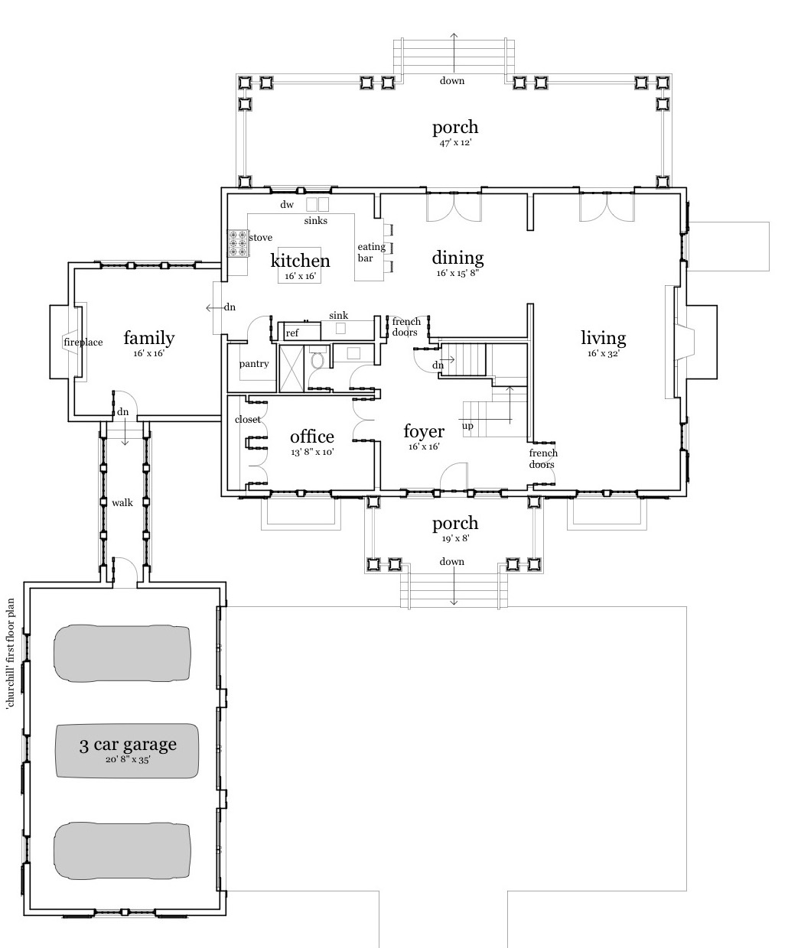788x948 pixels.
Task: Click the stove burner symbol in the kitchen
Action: click(237, 244)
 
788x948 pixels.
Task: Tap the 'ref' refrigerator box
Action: click(292, 333)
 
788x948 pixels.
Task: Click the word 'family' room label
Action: click(149, 338)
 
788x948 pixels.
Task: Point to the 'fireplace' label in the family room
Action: click(83, 343)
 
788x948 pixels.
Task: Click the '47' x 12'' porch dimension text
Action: click(455, 142)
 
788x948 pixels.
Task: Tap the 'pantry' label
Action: click(254, 364)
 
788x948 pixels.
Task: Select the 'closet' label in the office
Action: click(248, 420)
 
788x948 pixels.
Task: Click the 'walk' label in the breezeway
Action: click(122, 503)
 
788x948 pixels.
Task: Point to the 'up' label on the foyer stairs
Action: click(467, 426)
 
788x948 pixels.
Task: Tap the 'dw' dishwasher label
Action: click(287, 205)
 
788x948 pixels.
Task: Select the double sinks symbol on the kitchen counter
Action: click(317, 205)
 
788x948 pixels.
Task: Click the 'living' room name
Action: click(603, 338)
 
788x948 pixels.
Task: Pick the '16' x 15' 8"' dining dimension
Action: click(458, 273)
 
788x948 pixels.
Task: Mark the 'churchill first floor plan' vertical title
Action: click(11, 654)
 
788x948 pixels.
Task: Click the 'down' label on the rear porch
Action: click(451, 81)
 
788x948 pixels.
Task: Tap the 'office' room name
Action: click(312, 437)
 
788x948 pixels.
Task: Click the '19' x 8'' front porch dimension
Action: click(455, 538)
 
